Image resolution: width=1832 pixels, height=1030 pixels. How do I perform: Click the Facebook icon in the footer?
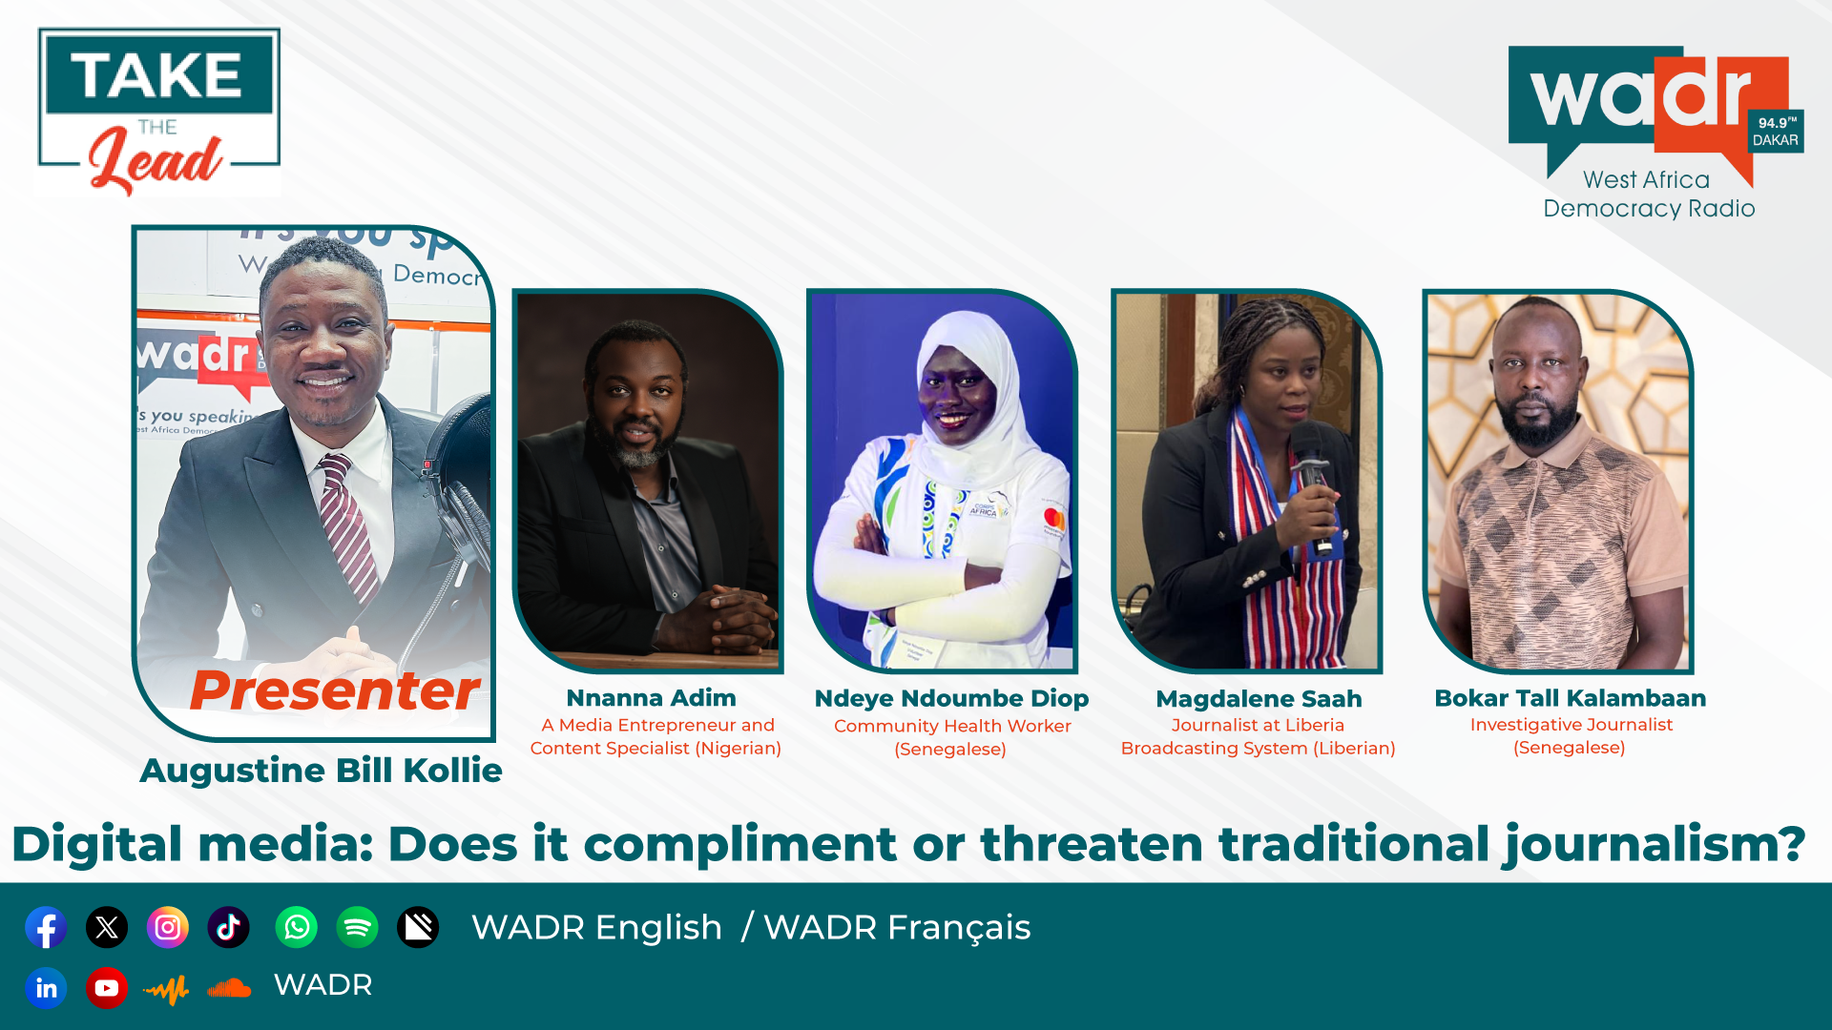(x=46, y=927)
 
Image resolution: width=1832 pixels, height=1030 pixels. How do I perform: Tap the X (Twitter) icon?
(x=107, y=927)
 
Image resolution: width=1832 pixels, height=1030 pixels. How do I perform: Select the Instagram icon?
(x=168, y=927)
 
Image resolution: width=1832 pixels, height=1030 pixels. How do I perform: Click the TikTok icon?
(x=229, y=927)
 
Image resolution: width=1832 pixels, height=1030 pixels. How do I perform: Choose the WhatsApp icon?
(x=297, y=927)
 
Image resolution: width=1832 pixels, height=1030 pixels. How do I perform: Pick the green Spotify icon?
(x=358, y=927)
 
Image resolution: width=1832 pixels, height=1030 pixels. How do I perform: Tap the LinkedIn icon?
(x=46, y=988)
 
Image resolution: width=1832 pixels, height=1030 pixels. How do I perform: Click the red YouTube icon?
(x=107, y=988)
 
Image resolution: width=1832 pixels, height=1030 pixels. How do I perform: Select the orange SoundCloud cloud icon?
(x=229, y=989)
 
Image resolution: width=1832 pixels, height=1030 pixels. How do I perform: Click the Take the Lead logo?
(x=158, y=113)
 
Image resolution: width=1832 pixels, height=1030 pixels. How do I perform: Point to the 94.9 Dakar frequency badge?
(x=1775, y=131)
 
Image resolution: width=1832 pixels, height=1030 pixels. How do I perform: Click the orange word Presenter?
(x=335, y=690)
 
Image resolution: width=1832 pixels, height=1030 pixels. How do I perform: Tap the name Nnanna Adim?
(x=651, y=698)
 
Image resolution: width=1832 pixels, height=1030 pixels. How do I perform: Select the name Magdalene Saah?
(x=1259, y=699)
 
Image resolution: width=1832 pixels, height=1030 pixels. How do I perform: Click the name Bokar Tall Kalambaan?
(x=1570, y=698)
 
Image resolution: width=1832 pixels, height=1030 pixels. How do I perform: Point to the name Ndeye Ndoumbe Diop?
(x=951, y=699)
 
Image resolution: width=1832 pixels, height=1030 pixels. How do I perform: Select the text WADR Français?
(x=897, y=928)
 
